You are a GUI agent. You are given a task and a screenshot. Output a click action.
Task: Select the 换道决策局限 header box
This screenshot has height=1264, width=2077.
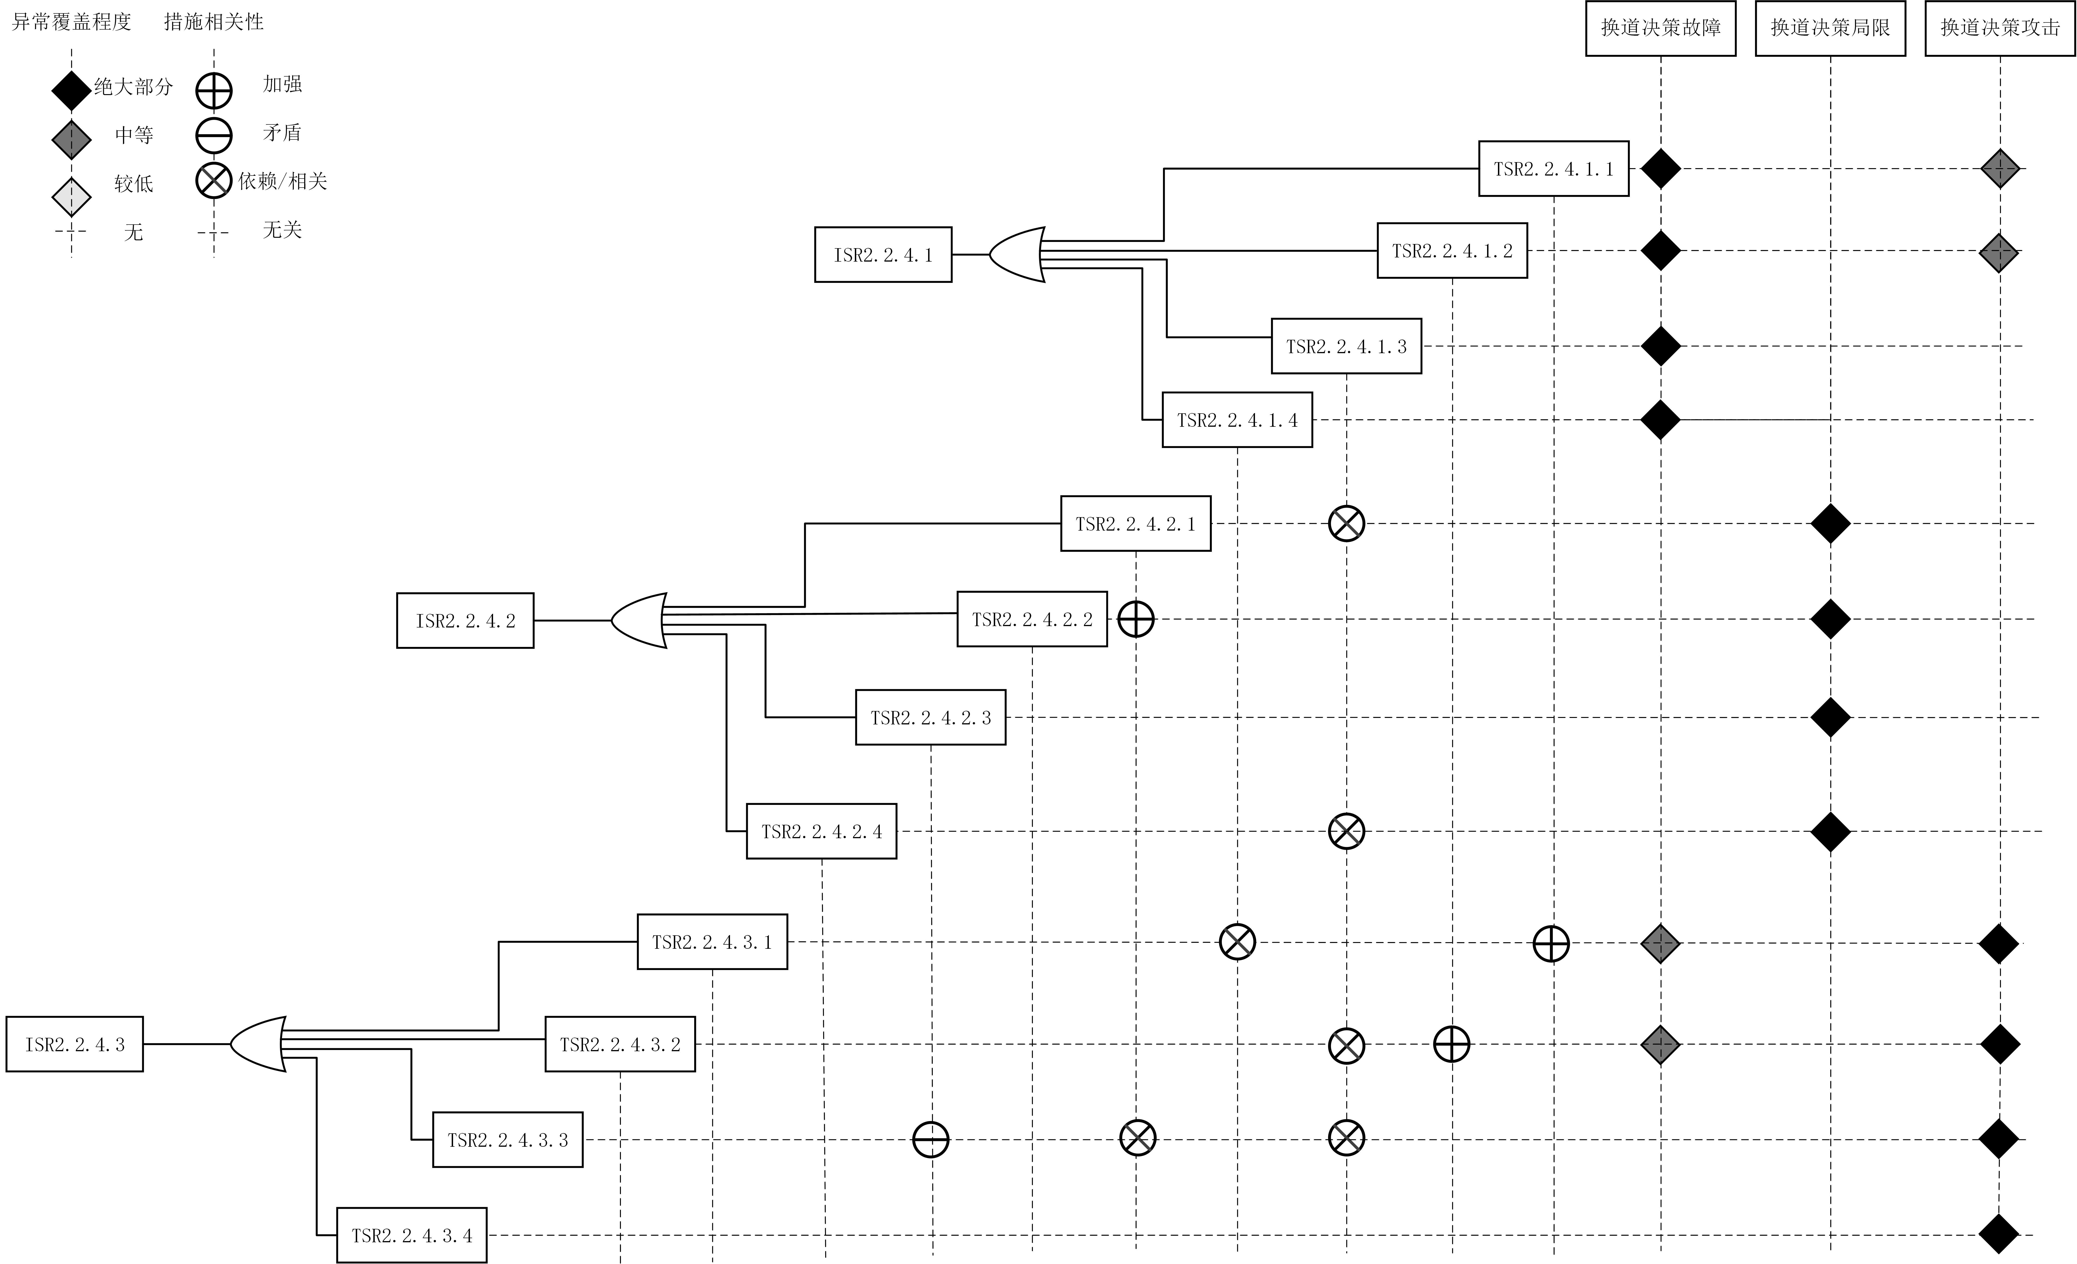[x=1830, y=28]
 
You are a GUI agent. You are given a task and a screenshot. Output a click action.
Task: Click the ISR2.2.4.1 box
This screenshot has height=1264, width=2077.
[x=883, y=255]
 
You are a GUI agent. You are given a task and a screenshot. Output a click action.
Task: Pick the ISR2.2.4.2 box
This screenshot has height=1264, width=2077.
[x=465, y=621]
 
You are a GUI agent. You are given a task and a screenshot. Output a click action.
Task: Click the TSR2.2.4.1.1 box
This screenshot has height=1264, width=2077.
[x=1554, y=169]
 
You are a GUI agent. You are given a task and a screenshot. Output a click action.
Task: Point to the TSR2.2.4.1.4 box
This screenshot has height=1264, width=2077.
[x=1237, y=420]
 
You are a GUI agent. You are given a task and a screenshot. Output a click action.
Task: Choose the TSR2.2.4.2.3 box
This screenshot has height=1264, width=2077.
[x=931, y=718]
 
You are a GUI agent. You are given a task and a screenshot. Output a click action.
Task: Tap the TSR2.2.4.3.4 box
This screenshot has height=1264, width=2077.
[x=411, y=1235]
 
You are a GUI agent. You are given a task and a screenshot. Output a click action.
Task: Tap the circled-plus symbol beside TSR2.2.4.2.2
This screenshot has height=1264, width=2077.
[x=1135, y=620]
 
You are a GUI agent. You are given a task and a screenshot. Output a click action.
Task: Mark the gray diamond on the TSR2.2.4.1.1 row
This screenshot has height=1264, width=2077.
[x=2000, y=169]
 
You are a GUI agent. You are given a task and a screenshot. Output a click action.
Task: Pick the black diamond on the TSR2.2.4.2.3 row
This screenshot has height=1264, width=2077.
[x=1830, y=718]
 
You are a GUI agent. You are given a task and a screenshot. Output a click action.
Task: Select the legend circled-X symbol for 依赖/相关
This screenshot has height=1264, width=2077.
[x=214, y=180]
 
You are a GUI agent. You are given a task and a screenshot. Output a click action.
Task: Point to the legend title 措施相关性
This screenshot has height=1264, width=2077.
[x=214, y=22]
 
